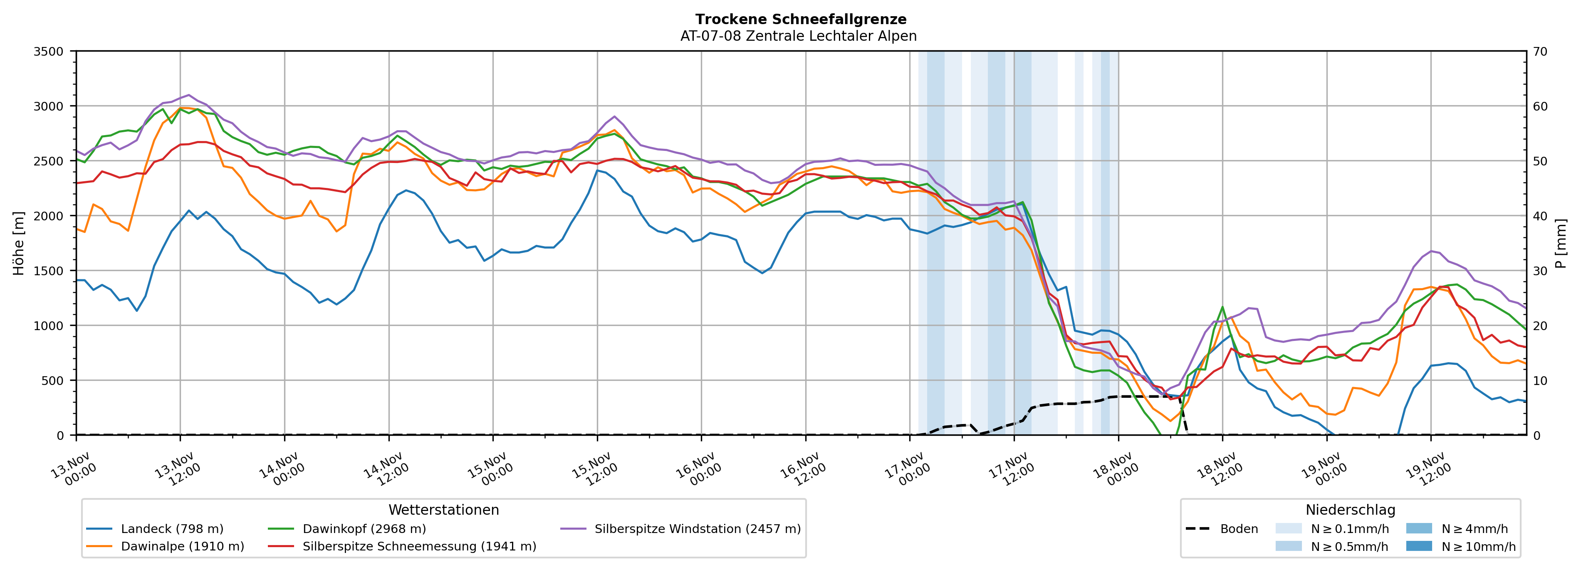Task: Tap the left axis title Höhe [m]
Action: click(x=19, y=244)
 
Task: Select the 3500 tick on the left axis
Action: click(x=49, y=52)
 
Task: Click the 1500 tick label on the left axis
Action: click(x=49, y=271)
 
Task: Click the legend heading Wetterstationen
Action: click(x=444, y=510)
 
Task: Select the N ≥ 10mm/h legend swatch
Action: click(x=1418, y=546)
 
